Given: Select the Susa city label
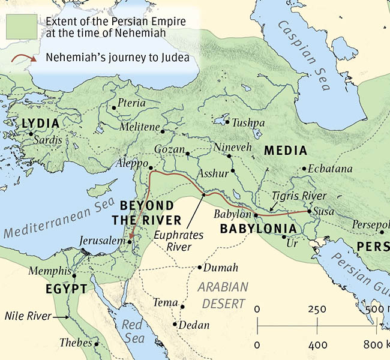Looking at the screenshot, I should click(x=325, y=211).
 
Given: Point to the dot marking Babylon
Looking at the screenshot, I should click(x=256, y=215).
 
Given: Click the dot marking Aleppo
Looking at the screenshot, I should click(x=151, y=169).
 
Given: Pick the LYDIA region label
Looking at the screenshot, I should click(x=40, y=124).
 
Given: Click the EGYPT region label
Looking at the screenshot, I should click(x=66, y=290).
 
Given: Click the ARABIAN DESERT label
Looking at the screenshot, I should click(x=223, y=294).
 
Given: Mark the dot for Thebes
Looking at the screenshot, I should click(x=96, y=344).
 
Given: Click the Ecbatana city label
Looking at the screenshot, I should click(x=331, y=169).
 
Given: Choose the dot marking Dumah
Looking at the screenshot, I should click(x=200, y=268).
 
